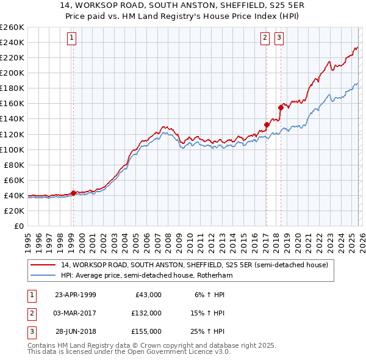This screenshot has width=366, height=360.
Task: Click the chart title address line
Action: click(183, 5)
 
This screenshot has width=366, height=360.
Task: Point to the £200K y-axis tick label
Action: click(12, 73)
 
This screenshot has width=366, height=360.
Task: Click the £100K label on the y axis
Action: click(12, 149)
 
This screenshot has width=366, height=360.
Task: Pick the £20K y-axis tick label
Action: click(14, 211)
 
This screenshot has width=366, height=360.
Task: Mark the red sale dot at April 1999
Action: click(73, 193)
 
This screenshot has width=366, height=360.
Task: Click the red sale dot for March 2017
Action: click(267, 124)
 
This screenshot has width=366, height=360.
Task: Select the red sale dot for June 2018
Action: click(281, 107)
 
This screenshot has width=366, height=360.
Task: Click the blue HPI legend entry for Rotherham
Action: click(146, 276)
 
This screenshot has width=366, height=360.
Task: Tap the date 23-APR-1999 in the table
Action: click(76, 294)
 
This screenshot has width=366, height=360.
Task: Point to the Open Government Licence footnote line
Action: click(120, 352)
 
